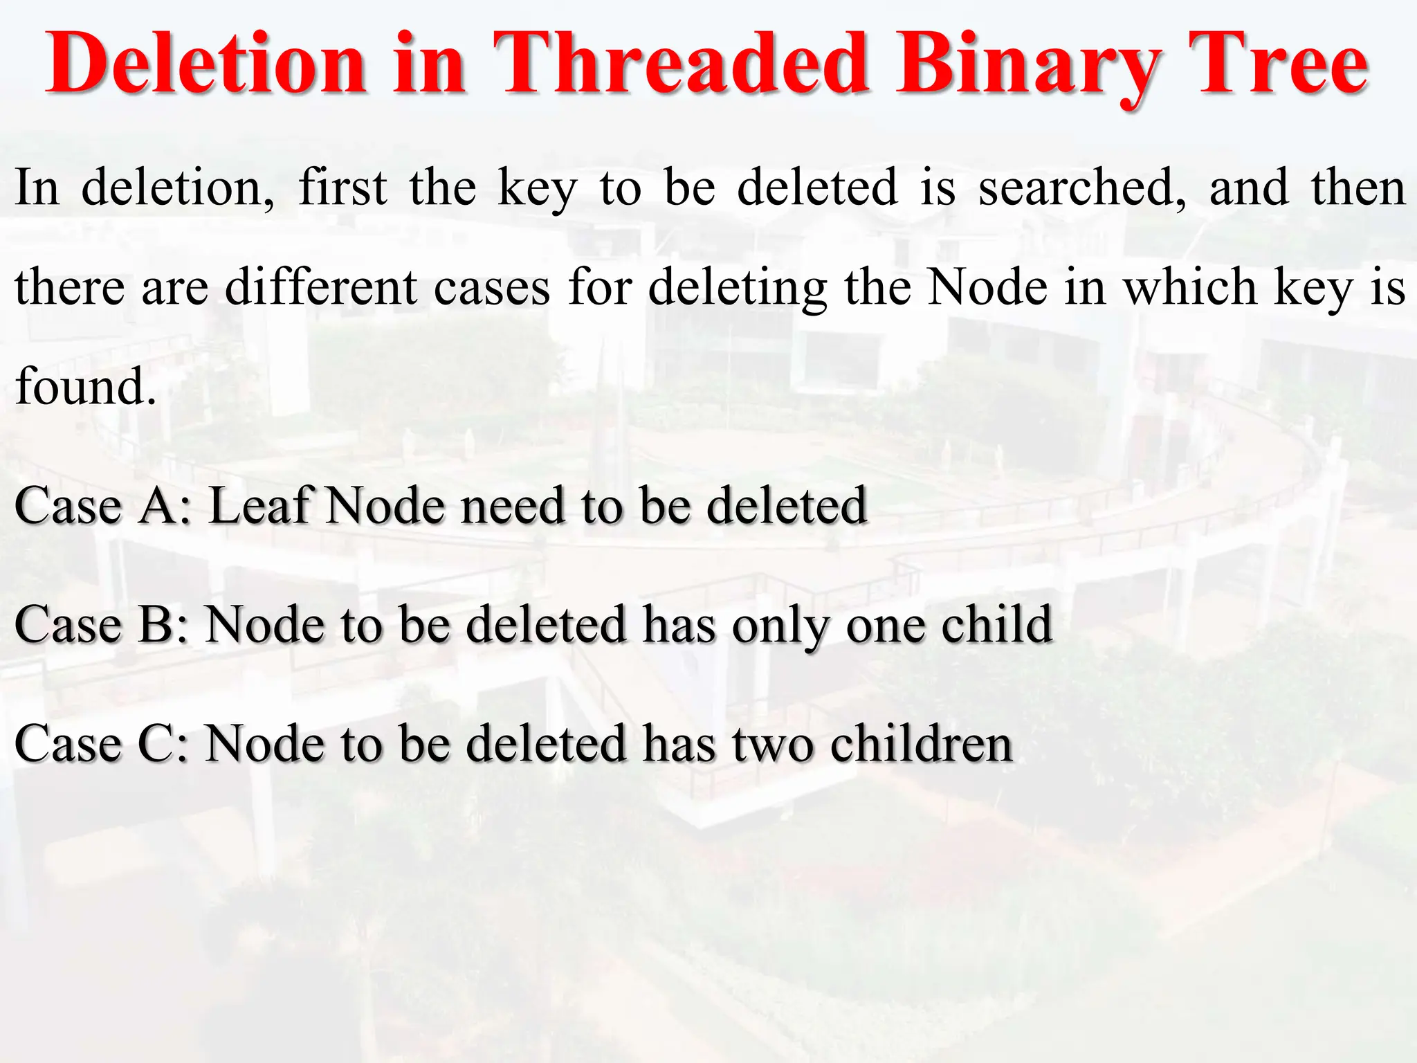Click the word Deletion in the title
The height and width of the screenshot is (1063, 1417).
click(x=205, y=64)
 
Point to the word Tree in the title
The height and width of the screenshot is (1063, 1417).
click(x=1277, y=64)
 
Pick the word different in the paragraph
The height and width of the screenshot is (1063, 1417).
click(x=321, y=287)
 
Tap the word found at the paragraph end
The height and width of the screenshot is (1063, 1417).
click(x=84, y=386)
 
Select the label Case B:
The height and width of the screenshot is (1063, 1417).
click(x=101, y=625)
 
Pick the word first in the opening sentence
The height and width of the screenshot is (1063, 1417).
click(x=342, y=188)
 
